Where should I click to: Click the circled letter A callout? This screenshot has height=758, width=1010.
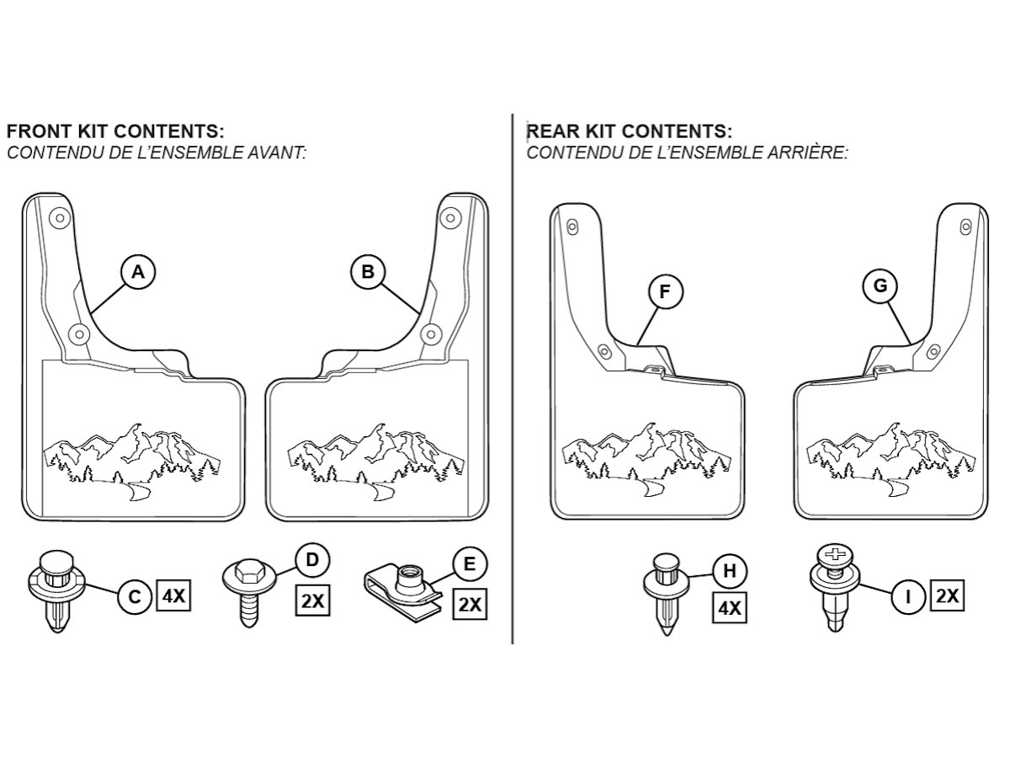pos(138,272)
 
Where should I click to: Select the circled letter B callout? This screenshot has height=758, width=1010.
pos(368,271)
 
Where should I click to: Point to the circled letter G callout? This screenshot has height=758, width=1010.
pos(880,286)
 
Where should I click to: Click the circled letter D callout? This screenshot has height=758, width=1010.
pos(312,560)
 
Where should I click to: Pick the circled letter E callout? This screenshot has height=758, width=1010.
pos(470,563)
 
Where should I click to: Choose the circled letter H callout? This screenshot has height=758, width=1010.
pos(730,571)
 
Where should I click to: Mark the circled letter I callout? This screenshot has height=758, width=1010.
pos(908,597)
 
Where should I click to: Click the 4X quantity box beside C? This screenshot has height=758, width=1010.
pos(173,596)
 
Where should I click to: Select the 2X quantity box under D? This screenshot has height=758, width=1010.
pos(312,601)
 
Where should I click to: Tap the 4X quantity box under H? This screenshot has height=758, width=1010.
pos(730,608)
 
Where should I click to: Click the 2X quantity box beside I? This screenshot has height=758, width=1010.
pos(948,596)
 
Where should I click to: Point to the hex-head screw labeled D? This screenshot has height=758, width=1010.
pos(249,591)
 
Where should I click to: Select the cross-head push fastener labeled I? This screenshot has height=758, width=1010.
pos(835,588)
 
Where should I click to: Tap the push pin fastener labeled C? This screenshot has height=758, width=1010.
pos(57,590)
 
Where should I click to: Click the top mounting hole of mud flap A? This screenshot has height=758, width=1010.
pos(60,218)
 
